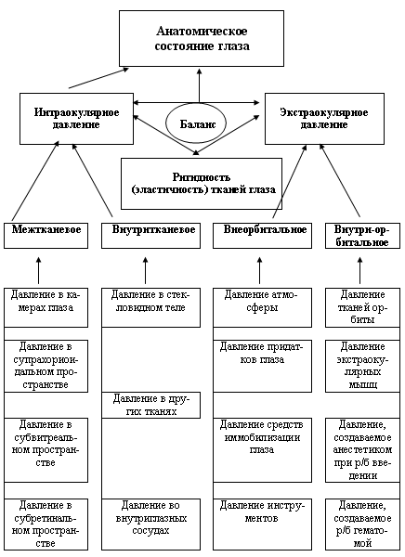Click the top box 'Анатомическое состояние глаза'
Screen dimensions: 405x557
(x=202, y=38)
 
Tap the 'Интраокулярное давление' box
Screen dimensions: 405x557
(x=76, y=119)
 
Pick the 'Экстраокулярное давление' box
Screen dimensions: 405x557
(x=324, y=119)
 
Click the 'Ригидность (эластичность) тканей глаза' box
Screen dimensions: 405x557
(x=202, y=184)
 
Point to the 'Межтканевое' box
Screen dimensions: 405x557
(x=46, y=236)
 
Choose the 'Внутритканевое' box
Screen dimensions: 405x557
(x=150, y=236)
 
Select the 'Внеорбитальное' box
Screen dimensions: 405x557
(x=263, y=236)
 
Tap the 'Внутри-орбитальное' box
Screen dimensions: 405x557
(x=362, y=236)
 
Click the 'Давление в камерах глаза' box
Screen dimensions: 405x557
(x=46, y=307)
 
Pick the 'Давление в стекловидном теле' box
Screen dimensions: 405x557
(x=150, y=307)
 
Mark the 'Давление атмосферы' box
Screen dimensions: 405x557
(x=263, y=307)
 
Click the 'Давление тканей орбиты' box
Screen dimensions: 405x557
(x=362, y=307)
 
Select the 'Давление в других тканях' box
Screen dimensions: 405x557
(x=150, y=405)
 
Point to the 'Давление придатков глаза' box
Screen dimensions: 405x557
(x=263, y=367)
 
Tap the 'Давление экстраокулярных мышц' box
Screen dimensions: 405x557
(x=362, y=367)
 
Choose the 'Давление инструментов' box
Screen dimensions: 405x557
(x=263, y=525)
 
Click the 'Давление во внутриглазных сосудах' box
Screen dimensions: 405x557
(x=150, y=525)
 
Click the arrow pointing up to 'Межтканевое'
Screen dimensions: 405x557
(x=39, y=271)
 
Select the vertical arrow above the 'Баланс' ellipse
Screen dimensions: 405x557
(x=199, y=85)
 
